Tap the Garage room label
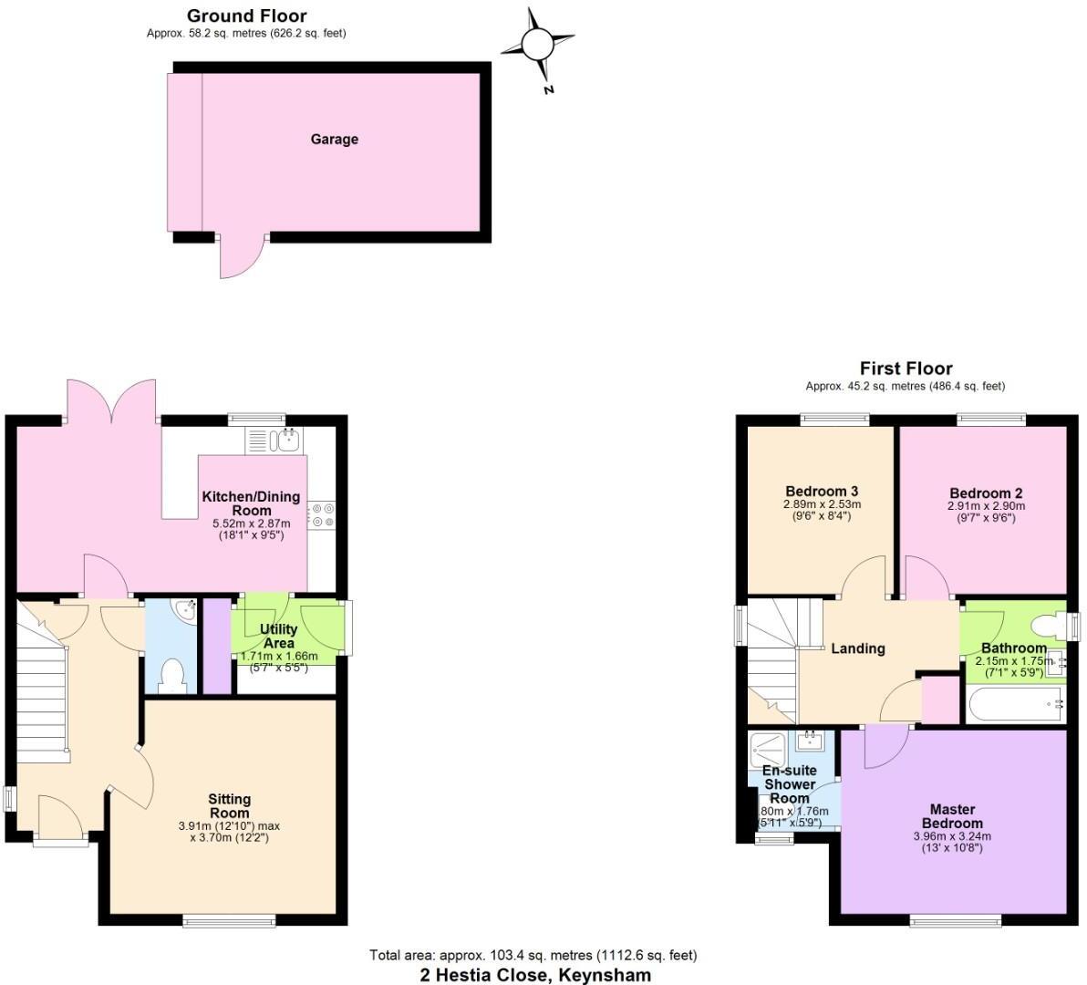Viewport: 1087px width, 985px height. point(334,140)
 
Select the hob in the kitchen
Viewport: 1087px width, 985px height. point(322,515)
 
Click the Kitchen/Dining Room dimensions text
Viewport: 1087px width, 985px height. point(251,530)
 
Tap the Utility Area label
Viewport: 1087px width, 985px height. point(278,636)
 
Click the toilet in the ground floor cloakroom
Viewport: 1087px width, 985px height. point(171,676)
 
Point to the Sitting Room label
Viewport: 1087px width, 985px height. point(229,806)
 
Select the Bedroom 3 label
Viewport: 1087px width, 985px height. point(822,492)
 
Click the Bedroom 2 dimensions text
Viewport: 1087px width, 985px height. point(986,512)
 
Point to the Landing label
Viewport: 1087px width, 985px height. point(857,648)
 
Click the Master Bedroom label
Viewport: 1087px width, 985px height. point(952,815)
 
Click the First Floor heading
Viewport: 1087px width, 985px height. point(906,368)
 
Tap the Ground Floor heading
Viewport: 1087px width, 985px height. point(246,16)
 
